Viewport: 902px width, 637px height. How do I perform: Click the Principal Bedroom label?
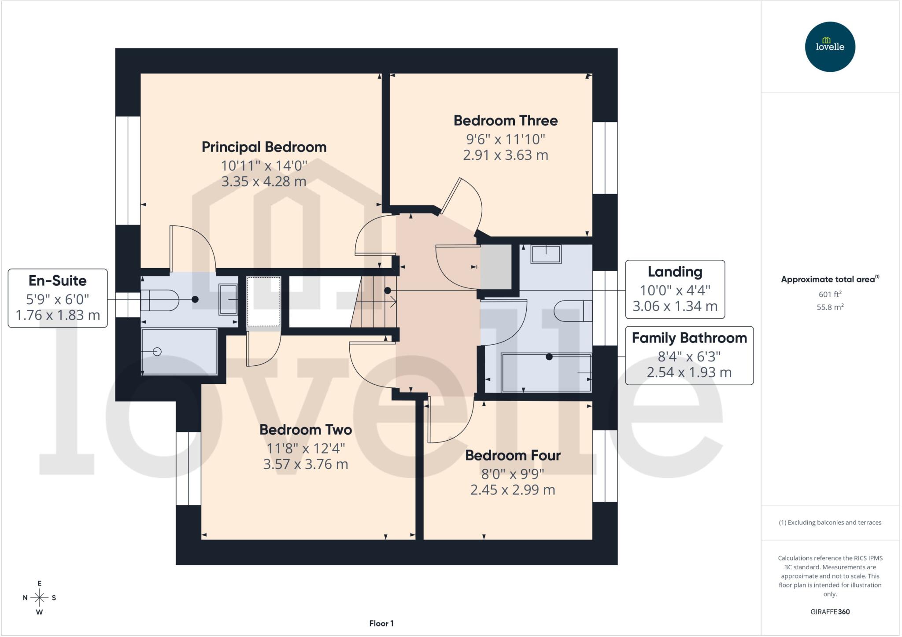264,147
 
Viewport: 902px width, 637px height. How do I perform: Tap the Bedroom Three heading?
506,121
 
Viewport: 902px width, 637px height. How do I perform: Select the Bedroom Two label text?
306,430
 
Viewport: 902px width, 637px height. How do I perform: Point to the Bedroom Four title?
513,455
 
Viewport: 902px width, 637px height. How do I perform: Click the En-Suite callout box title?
58,280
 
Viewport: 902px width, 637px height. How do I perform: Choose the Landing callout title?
675,272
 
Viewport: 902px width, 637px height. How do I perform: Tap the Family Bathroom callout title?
689,338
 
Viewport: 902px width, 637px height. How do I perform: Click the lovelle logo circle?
830,47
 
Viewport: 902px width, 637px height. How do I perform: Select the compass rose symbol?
40,597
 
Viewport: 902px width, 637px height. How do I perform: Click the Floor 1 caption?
381,623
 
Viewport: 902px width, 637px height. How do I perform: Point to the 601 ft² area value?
830,294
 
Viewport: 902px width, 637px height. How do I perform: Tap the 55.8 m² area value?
830,307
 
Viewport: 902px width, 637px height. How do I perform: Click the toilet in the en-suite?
159,300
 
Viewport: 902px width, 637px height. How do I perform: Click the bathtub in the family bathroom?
546,372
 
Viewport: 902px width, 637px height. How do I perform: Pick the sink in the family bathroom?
546,254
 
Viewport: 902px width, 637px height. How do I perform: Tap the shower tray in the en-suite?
179,351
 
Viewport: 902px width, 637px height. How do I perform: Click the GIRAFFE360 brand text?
830,611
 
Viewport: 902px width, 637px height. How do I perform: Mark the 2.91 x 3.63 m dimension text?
506,155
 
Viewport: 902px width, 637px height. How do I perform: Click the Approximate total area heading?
830,279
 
